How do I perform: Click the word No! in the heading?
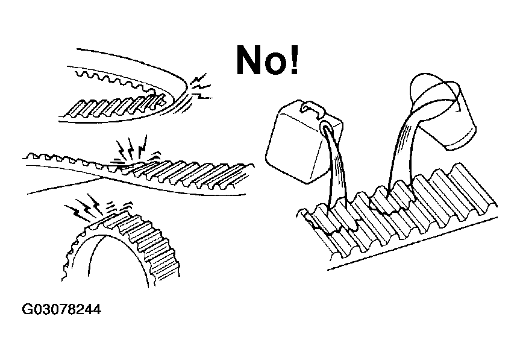[x=266, y=60]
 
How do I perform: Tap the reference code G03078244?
[x=60, y=310]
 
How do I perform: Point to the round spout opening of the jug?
[x=328, y=128]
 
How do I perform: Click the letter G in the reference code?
[x=27, y=310]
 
